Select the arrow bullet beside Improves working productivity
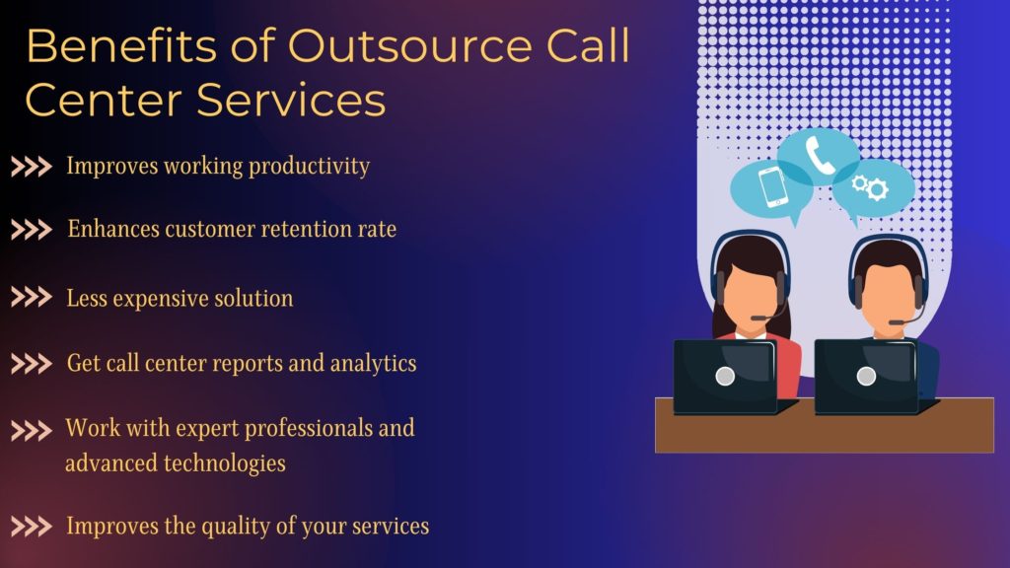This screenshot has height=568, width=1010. click(32, 167)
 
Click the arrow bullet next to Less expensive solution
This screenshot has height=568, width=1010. click(32, 298)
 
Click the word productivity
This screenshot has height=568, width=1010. click(309, 166)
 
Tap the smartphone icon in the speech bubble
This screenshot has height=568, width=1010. click(771, 186)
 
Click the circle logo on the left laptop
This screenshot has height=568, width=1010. click(725, 376)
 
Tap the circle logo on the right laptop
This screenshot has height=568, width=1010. click(866, 376)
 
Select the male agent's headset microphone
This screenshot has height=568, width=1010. click(894, 321)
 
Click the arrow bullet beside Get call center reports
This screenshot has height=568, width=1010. click(32, 364)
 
